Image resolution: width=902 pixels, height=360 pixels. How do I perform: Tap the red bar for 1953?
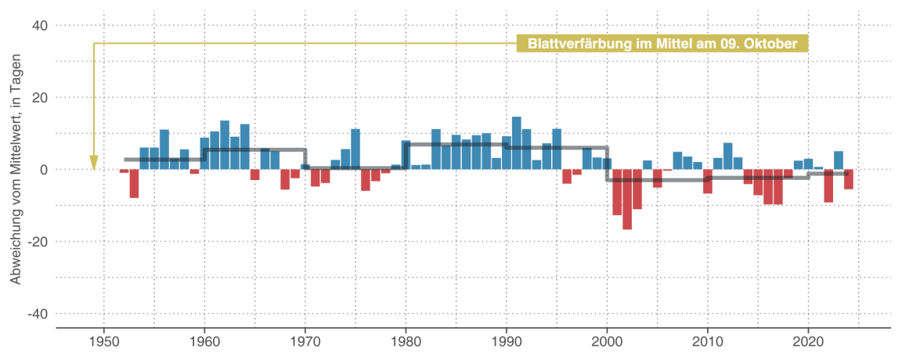coord(134,184)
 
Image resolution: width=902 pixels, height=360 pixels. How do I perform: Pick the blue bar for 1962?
coord(225,146)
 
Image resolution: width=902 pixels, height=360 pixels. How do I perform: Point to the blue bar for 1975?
coord(355,149)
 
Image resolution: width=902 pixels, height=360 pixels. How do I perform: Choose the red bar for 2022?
coord(828,186)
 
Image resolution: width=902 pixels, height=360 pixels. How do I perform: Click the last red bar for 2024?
coord(849,179)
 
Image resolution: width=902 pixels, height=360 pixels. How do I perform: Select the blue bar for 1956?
coord(164,149)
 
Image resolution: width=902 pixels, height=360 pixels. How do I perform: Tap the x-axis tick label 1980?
coord(406,342)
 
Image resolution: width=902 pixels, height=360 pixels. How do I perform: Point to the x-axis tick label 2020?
coord(808,342)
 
